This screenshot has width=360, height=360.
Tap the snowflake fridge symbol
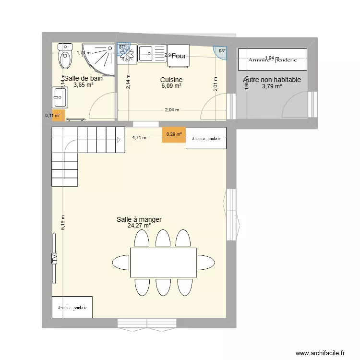point(127,55)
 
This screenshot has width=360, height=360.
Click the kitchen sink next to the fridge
point(152,53)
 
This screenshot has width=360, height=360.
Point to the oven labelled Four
point(179,56)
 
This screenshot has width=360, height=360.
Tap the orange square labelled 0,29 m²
point(174,134)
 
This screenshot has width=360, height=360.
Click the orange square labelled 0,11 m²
point(57,115)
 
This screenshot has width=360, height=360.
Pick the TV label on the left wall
point(54,258)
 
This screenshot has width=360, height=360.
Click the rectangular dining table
point(163,262)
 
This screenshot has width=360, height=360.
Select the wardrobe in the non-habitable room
point(272,60)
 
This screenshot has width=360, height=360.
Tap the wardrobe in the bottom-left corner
point(72,307)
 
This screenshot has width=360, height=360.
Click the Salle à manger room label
point(139,219)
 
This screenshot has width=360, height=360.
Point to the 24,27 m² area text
point(139,226)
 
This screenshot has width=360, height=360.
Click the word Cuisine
point(171,80)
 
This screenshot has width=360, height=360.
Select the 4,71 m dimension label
point(139,138)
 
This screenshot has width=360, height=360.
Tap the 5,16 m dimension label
point(63,222)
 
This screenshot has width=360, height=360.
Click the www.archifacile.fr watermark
point(320,353)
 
